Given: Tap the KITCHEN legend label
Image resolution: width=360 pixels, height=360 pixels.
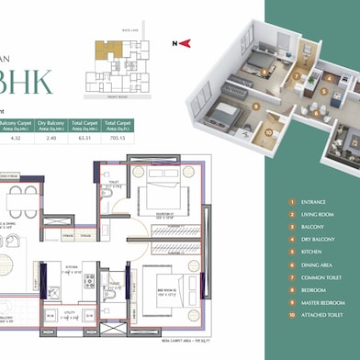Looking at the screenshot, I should coord(310,251).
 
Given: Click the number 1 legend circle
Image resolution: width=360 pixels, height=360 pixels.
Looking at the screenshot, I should coord(291,201).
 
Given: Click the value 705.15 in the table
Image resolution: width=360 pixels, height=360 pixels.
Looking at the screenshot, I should coord(116,140).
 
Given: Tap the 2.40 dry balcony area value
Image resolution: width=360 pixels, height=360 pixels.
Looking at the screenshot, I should coord(51,140).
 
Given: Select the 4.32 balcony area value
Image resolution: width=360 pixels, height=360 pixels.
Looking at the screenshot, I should coord(17,140).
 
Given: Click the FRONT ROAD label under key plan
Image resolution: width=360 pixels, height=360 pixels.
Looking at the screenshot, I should coord(117,96).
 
